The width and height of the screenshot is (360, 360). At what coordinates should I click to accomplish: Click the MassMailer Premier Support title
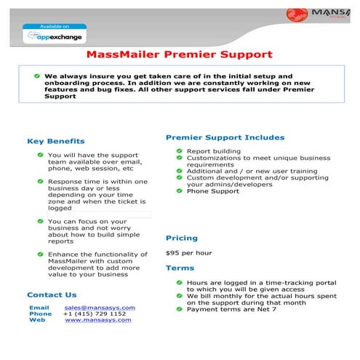(179, 54)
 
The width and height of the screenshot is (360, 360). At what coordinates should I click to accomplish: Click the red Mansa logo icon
(298, 14)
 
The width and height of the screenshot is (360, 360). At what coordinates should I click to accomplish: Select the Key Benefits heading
(56, 141)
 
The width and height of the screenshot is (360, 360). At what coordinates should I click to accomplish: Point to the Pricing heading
(182, 238)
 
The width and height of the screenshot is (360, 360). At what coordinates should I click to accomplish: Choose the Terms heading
(180, 268)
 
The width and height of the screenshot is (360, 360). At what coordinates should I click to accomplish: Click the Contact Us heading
(51, 295)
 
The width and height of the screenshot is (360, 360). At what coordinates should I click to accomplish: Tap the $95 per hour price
(188, 253)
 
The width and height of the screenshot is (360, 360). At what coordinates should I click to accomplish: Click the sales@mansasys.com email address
(100, 308)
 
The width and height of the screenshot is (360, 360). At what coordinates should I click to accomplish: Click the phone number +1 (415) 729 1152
(94, 313)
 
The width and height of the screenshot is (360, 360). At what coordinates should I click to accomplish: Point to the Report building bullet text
(214, 151)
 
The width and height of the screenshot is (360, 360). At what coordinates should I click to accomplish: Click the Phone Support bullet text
(212, 191)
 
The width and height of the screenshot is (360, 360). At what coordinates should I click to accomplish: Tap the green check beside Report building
(178, 151)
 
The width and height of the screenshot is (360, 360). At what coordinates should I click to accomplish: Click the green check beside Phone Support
(178, 191)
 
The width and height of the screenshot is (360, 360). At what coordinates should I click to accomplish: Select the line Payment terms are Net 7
(231, 309)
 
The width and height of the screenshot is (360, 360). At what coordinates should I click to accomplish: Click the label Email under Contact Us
(39, 308)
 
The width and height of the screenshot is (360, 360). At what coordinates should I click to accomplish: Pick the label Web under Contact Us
(37, 320)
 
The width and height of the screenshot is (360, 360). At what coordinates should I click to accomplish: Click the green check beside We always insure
(36, 76)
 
